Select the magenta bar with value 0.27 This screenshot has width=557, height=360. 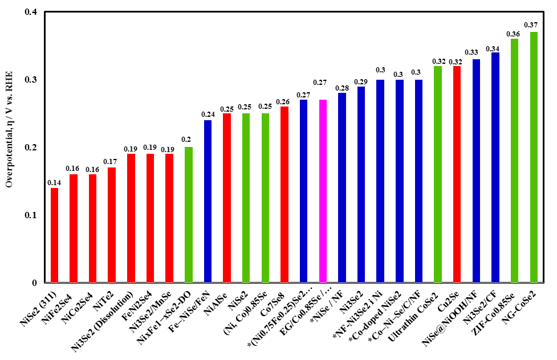(323, 191)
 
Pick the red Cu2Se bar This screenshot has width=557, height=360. (457, 174)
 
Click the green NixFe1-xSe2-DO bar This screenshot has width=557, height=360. (189, 214)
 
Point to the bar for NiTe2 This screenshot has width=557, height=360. (112, 224)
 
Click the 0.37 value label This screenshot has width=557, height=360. (531, 25)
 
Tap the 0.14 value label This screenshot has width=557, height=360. (54, 182)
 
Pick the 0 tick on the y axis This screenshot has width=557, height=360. (35, 283)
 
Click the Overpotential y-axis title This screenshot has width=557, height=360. (9, 147)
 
